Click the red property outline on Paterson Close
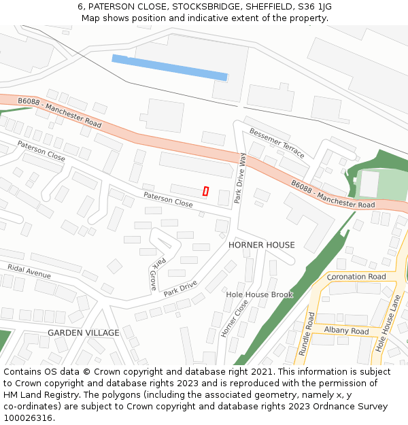pyautogui.click(x=205, y=191)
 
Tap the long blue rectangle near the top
pyautogui.click(x=169, y=67)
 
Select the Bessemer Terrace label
pyautogui.click(x=277, y=142)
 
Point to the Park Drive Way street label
pyautogui.click(x=240, y=178)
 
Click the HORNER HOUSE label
pyautogui.click(x=262, y=245)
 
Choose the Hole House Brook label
pyautogui.click(x=259, y=294)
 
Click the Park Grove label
pyautogui.click(x=156, y=274)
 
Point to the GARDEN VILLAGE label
pyautogui.click(x=84, y=333)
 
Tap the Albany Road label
pyautogui.click(x=346, y=331)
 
